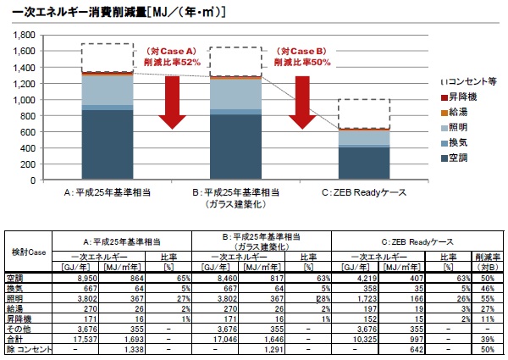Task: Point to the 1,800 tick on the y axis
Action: coord(21,35)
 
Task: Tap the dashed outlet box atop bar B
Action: coord(238,61)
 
